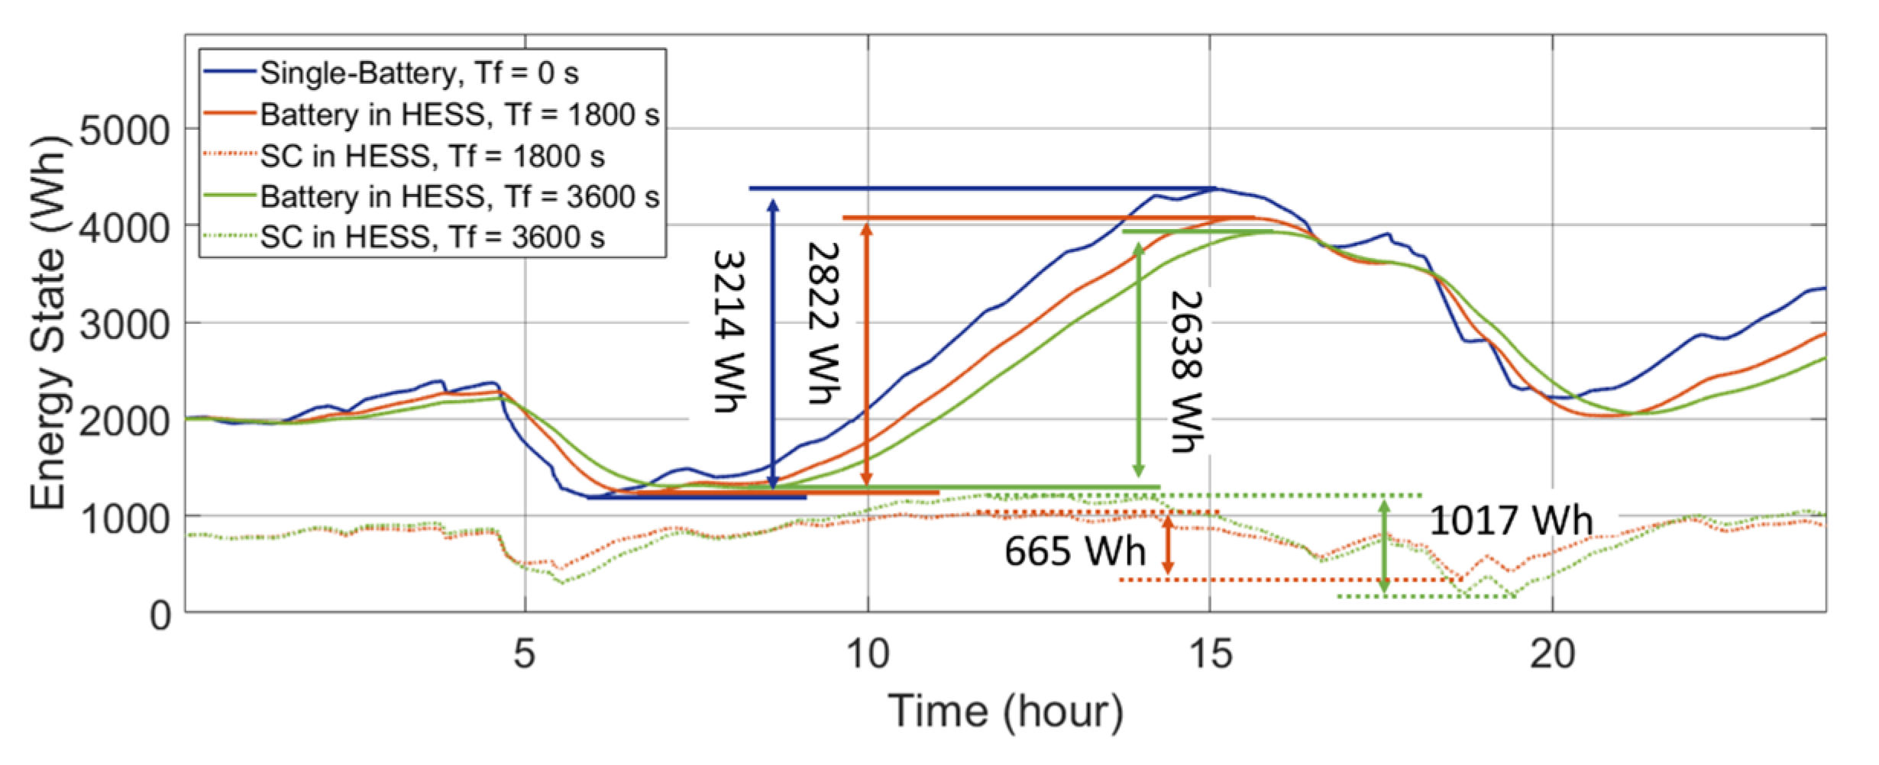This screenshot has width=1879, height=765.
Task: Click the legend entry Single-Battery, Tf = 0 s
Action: pyautogui.click(x=419, y=73)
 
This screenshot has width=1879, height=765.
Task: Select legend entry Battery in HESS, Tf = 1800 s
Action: pyautogui.click(x=459, y=115)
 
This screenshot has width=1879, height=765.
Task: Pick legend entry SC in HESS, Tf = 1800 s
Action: pyautogui.click(x=432, y=156)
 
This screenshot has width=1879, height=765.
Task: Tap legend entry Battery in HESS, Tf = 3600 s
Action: pyautogui.click(x=459, y=197)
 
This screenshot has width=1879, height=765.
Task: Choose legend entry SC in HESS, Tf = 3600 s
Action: pyautogui.click(x=432, y=237)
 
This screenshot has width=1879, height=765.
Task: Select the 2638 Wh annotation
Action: pyautogui.click(x=1186, y=371)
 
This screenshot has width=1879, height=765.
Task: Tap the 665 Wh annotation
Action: pyautogui.click(x=1075, y=550)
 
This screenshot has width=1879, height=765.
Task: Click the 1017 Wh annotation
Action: pyautogui.click(x=1510, y=521)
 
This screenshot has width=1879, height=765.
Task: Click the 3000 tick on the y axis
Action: pyautogui.click(x=125, y=324)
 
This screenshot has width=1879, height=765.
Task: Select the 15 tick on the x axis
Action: pyautogui.click(x=1210, y=654)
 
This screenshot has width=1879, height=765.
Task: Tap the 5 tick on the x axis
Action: pyautogui.click(x=524, y=654)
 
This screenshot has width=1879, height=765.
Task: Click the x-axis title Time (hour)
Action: pyautogui.click(x=1005, y=712)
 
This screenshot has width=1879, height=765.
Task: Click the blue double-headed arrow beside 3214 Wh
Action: pyautogui.click(x=773, y=344)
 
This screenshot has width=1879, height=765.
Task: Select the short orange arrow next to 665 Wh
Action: pyautogui.click(x=1167, y=544)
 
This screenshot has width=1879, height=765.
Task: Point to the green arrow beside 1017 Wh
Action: pyautogui.click(x=1384, y=546)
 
